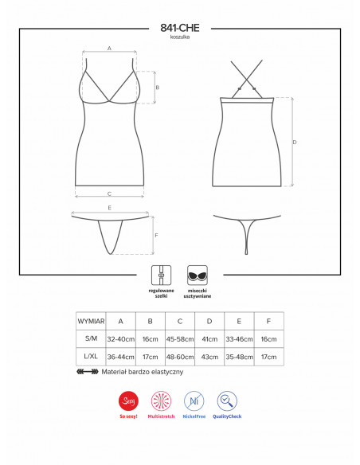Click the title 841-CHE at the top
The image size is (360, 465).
tap(179, 27)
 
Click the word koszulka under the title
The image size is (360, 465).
tap(179, 37)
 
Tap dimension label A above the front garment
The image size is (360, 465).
tap(109, 49)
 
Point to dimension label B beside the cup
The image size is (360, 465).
tap(158, 88)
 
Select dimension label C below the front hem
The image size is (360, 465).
tap(109, 193)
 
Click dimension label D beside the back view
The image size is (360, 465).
tap(295, 143)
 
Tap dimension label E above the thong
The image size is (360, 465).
tap(109, 208)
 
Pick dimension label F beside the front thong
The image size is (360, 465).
tap(156, 235)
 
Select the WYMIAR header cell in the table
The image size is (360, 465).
tap(91, 321)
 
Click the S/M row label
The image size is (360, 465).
tap(91, 339)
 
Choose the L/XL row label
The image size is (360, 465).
tap(91, 358)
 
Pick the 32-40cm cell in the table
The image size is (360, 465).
tap(121, 339)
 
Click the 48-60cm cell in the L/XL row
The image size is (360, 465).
tap(180, 358)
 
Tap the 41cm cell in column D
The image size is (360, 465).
tap(209, 339)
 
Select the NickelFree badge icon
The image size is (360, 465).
tap(193, 401)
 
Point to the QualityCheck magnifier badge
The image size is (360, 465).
tap(227, 401)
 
